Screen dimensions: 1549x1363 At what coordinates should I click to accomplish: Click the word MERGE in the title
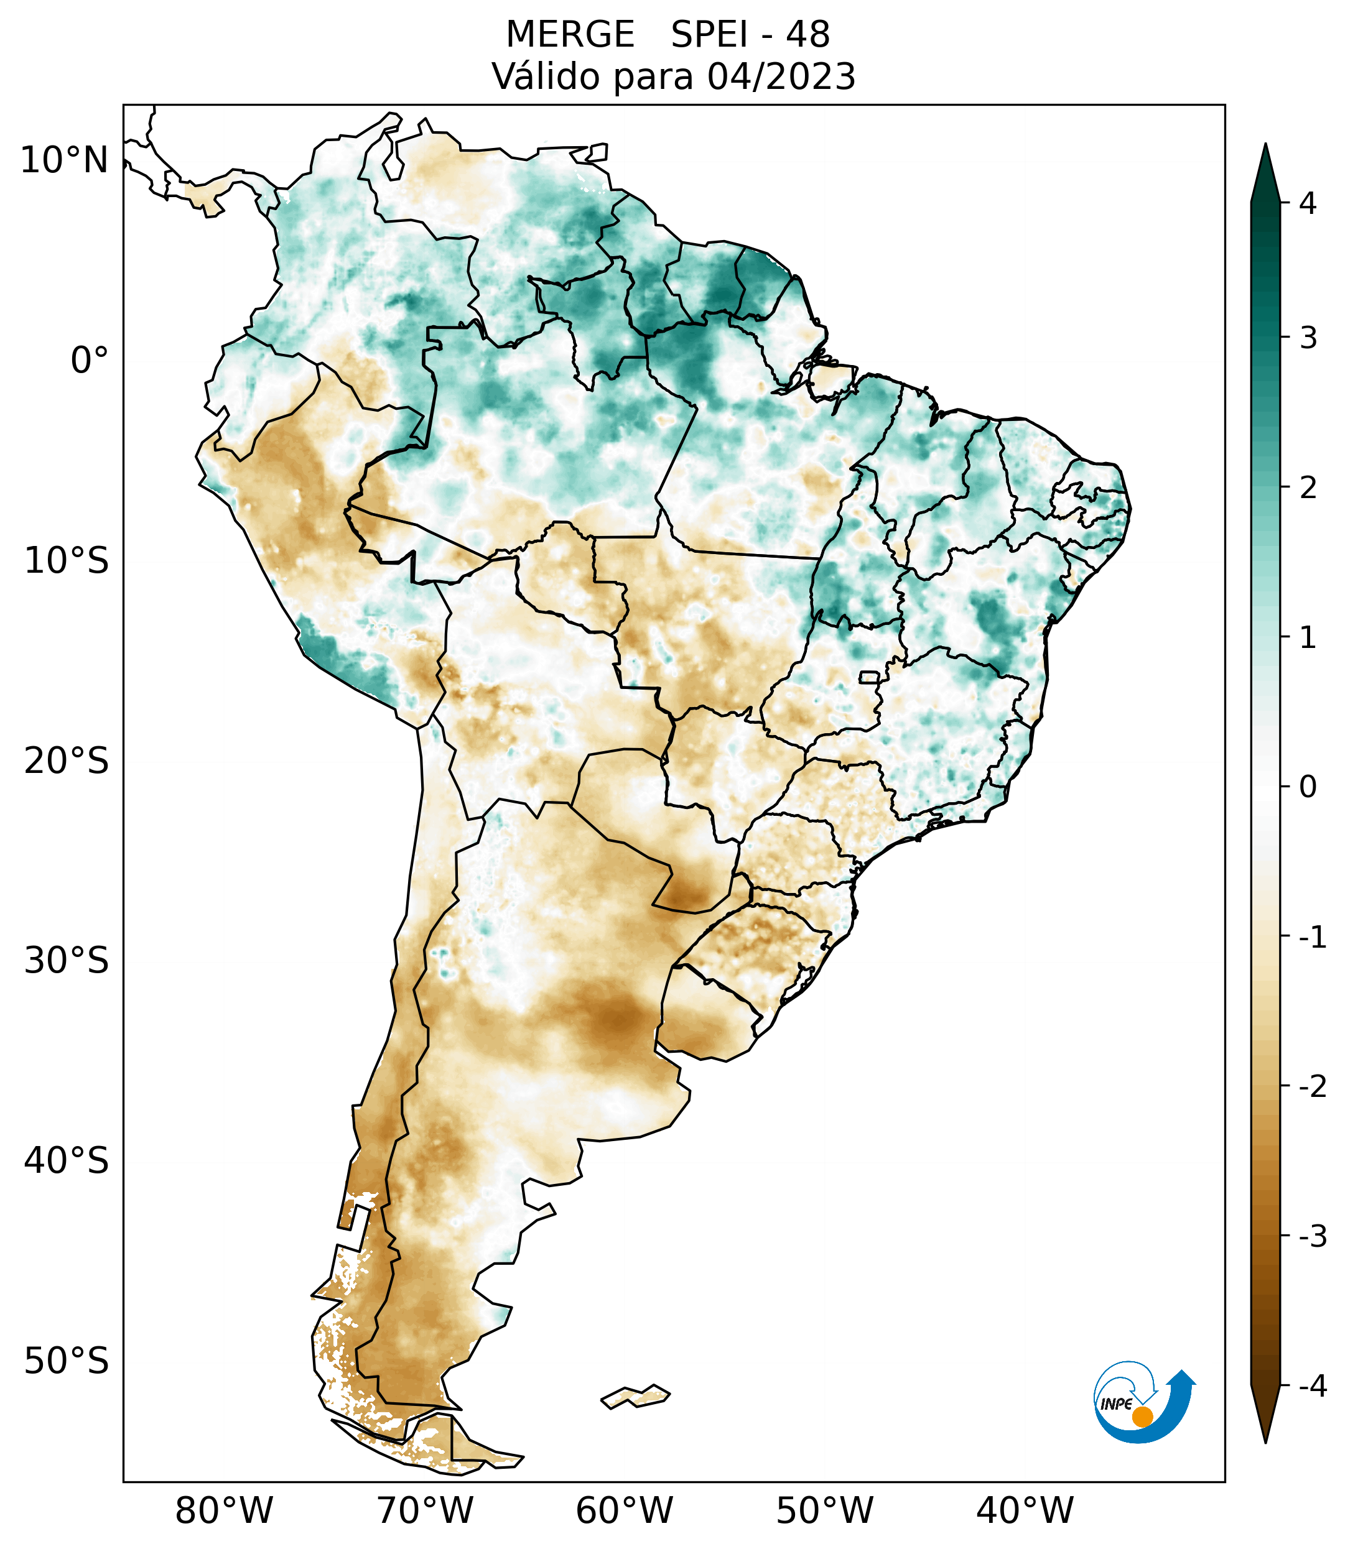569,35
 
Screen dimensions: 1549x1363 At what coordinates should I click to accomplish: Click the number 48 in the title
807,35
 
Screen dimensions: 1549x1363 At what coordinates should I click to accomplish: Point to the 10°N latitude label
65,160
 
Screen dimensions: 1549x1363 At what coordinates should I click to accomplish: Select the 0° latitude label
90,361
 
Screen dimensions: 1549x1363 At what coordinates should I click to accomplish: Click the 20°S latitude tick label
67,761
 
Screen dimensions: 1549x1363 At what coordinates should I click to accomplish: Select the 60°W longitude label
624,1510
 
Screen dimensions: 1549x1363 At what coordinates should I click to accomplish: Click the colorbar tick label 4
1308,203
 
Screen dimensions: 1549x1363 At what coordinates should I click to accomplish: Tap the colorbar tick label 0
1308,787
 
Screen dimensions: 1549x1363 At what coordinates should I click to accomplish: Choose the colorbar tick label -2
1312,1087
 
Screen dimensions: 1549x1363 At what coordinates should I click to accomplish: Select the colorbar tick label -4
1312,1386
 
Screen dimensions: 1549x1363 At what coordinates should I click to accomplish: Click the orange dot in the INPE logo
1142,1417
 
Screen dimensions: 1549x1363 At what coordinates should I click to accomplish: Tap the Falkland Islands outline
635,1396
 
